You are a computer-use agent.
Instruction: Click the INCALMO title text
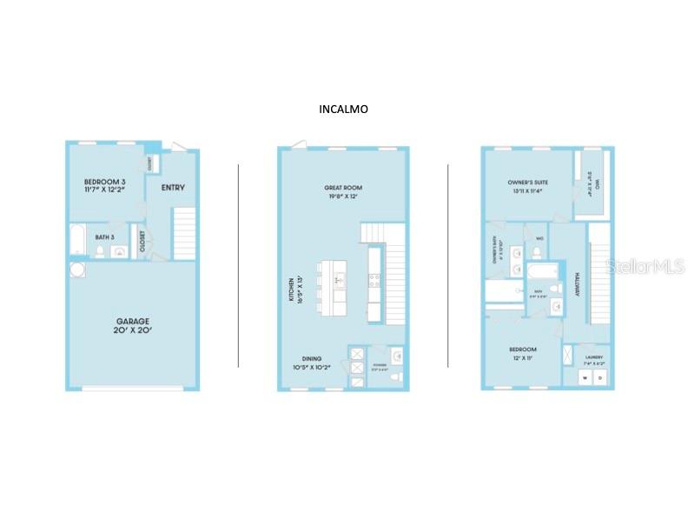344,110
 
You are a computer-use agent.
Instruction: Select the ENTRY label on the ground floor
173,188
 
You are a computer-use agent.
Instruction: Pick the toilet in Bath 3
101,251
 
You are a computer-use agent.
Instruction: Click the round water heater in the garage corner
77,270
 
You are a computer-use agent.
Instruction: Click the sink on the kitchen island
340,280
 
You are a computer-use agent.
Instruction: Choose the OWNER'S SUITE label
526,187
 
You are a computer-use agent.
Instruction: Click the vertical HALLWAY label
576,283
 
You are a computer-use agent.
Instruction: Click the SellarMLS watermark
645,267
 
